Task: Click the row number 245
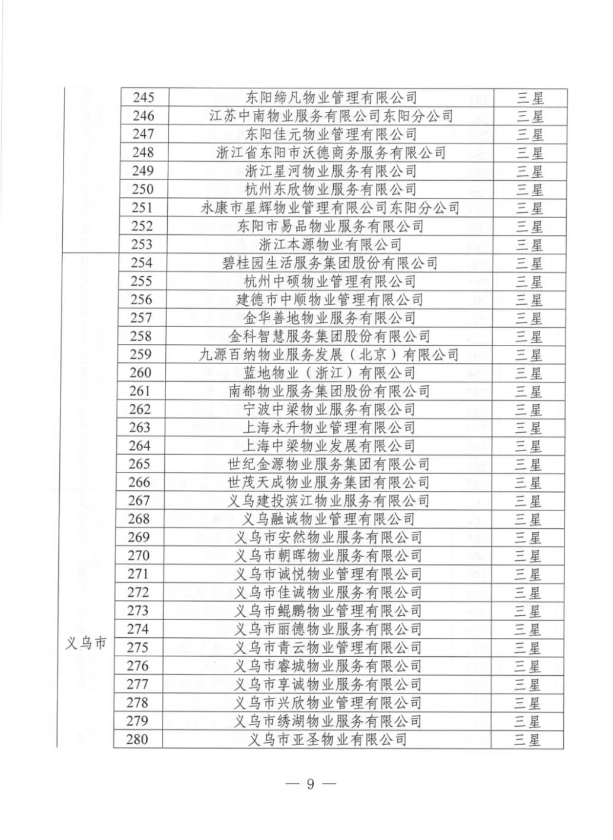click(142, 97)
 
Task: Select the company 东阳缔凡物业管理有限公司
click(331, 97)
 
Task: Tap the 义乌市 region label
click(86, 643)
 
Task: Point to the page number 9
click(310, 784)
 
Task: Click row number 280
click(138, 739)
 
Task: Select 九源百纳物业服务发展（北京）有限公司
click(329, 354)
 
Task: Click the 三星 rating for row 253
click(529, 244)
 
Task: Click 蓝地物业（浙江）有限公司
click(330, 373)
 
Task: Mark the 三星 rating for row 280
click(527, 739)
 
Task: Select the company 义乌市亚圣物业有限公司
click(329, 739)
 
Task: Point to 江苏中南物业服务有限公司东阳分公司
click(331, 116)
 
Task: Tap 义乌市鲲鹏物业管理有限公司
click(328, 611)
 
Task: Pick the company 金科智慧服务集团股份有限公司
click(330, 336)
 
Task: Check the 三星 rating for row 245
click(530, 97)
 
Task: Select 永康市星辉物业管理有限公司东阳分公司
click(331, 207)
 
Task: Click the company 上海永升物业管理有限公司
click(329, 427)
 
